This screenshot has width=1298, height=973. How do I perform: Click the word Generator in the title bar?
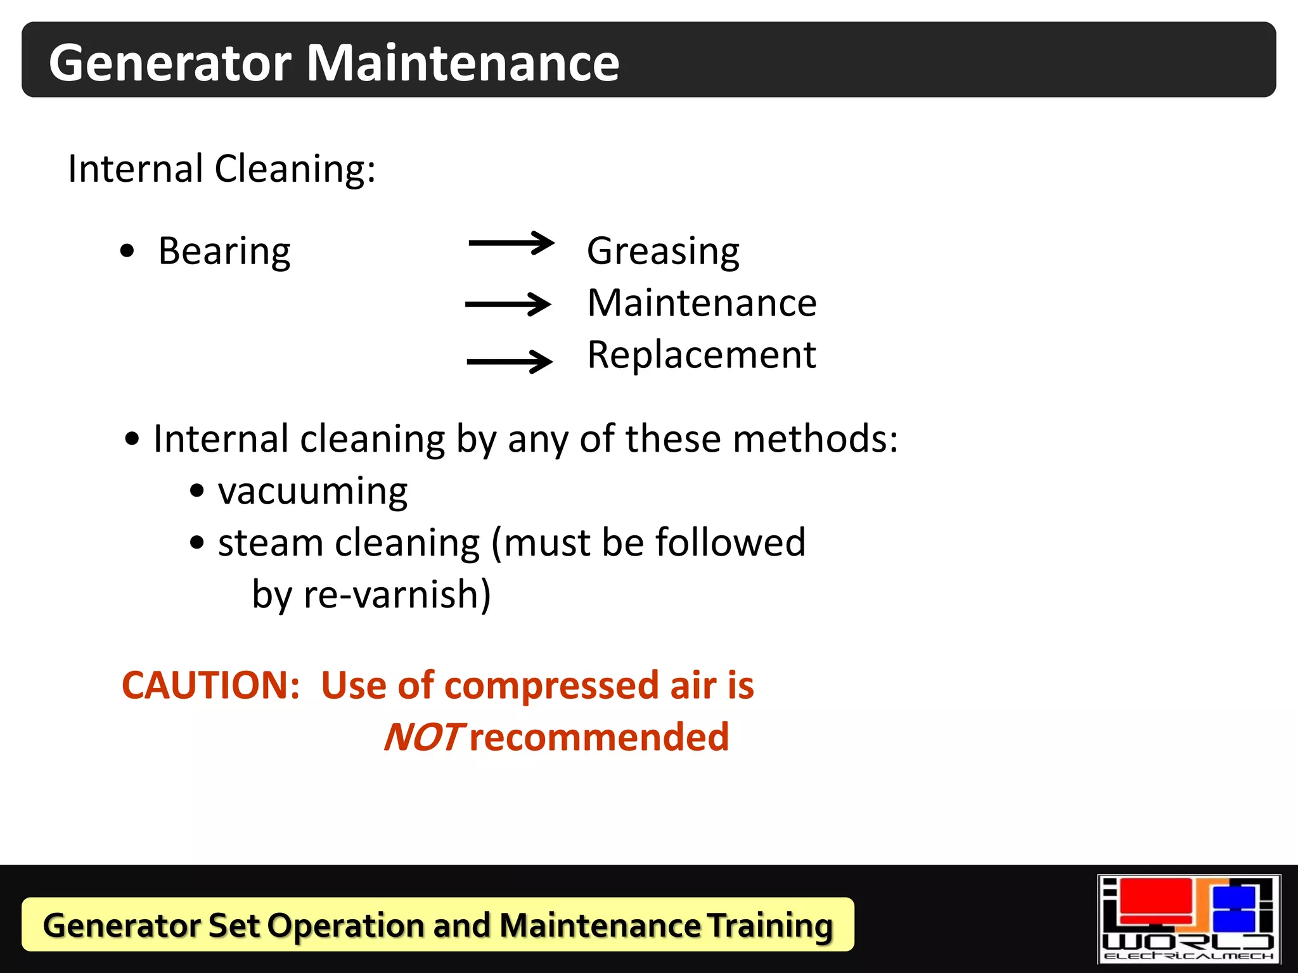click(170, 63)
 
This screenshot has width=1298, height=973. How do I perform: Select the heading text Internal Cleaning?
click(222, 169)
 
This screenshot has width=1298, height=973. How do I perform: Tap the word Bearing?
click(224, 251)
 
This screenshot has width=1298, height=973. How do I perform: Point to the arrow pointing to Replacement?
click(510, 362)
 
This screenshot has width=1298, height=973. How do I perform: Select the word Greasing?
click(663, 251)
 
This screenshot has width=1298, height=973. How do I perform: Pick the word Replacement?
click(702, 355)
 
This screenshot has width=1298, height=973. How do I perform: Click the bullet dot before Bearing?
click(127, 251)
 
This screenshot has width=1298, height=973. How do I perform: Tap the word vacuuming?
click(312, 492)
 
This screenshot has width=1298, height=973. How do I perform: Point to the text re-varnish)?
click(397, 595)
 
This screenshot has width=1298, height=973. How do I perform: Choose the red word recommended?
click(600, 737)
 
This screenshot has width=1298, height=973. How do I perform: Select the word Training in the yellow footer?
click(769, 925)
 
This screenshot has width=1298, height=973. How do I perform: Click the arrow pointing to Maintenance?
click(508, 304)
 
